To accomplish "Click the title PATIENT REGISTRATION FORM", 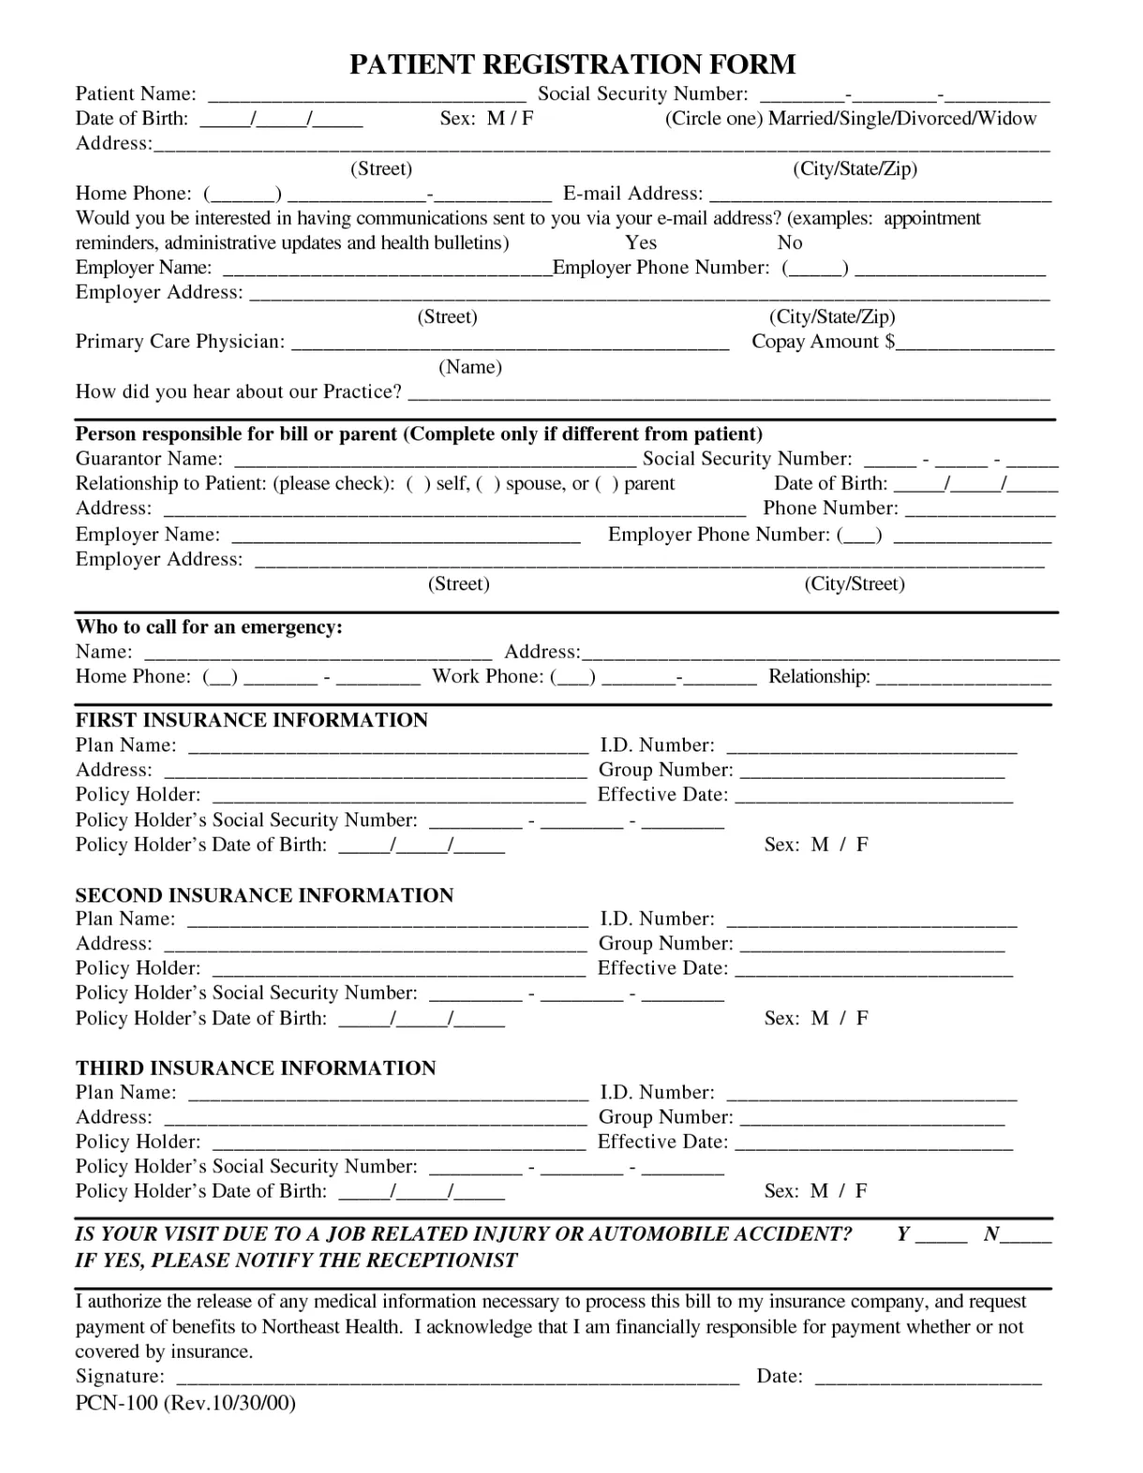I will (x=571, y=64).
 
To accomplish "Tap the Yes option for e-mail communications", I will (x=641, y=243).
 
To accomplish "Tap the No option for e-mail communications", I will (x=790, y=243).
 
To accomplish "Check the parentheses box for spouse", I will (x=489, y=484).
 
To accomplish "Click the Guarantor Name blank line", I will (x=434, y=461).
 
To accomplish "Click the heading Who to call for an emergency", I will (x=209, y=627).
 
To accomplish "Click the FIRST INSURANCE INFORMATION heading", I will (x=251, y=720).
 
